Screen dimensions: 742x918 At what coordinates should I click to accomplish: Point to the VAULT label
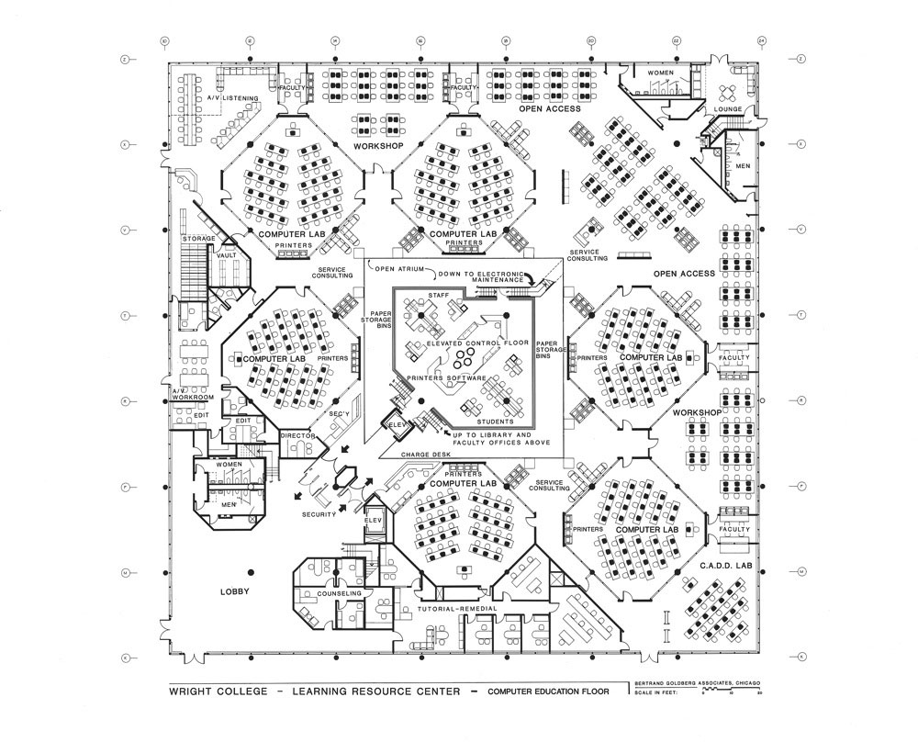click(x=225, y=256)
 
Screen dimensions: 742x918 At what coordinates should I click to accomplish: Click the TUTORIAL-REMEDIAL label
click(x=456, y=609)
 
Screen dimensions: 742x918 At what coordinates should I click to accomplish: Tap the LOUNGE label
click(x=728, y=109)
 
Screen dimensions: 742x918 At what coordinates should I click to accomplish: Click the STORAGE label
click(x=198, y=239)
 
